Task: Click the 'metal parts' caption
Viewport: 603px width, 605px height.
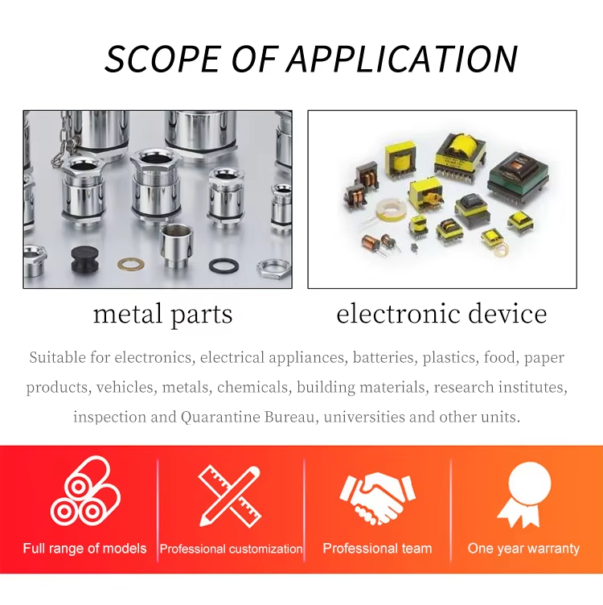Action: (162, 315)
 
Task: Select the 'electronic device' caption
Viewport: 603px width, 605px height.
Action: (441, 314)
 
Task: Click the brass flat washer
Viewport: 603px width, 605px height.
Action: (131, 264)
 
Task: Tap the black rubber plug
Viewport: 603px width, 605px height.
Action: (84, 259)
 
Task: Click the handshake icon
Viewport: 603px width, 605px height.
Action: (377, 497)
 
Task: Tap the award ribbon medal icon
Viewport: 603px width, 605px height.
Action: (524, 494)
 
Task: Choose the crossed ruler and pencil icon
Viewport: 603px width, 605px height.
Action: (230, 496)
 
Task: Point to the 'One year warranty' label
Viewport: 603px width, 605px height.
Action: (523, 549)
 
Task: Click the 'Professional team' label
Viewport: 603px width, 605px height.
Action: (377, 549)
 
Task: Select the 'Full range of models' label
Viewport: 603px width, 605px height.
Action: (84, 549)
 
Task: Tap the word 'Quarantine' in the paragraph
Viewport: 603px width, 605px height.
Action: (220, 417)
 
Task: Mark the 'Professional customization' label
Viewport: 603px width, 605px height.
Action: (231, 549)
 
